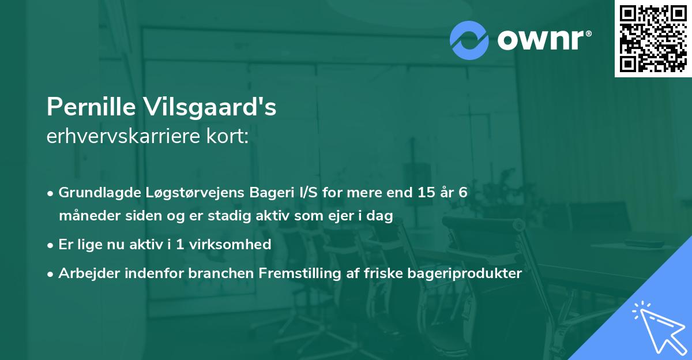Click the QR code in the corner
(653, 39)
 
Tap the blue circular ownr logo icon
(470, 40)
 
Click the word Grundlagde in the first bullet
(95, 193)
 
